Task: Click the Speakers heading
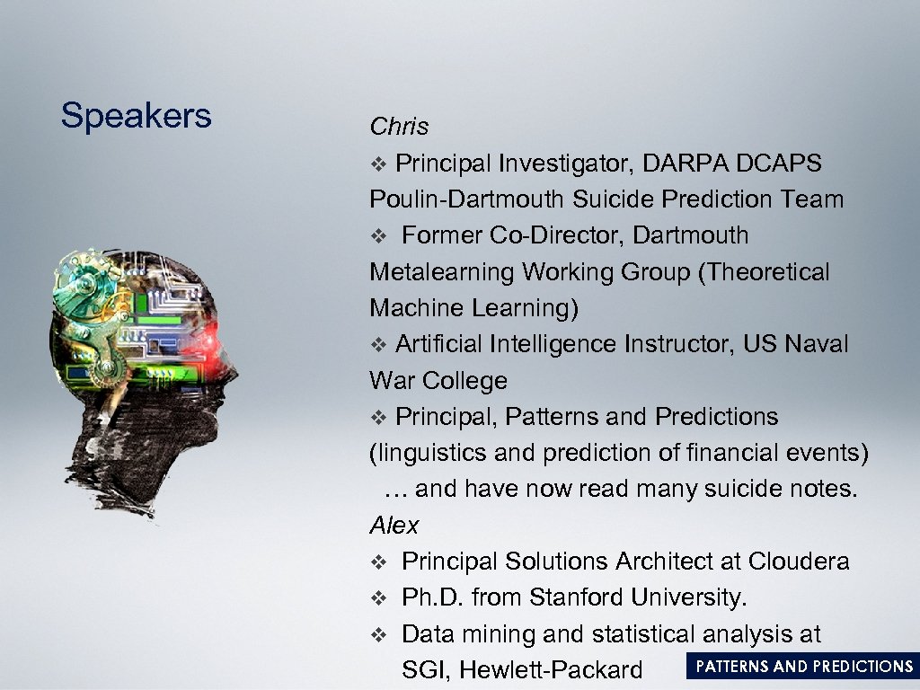pos(136,116)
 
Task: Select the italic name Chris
pos(399,127)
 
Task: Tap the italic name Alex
pos(394,525)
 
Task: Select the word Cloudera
pos(798,562)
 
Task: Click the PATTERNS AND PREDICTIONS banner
pos(803,666)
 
